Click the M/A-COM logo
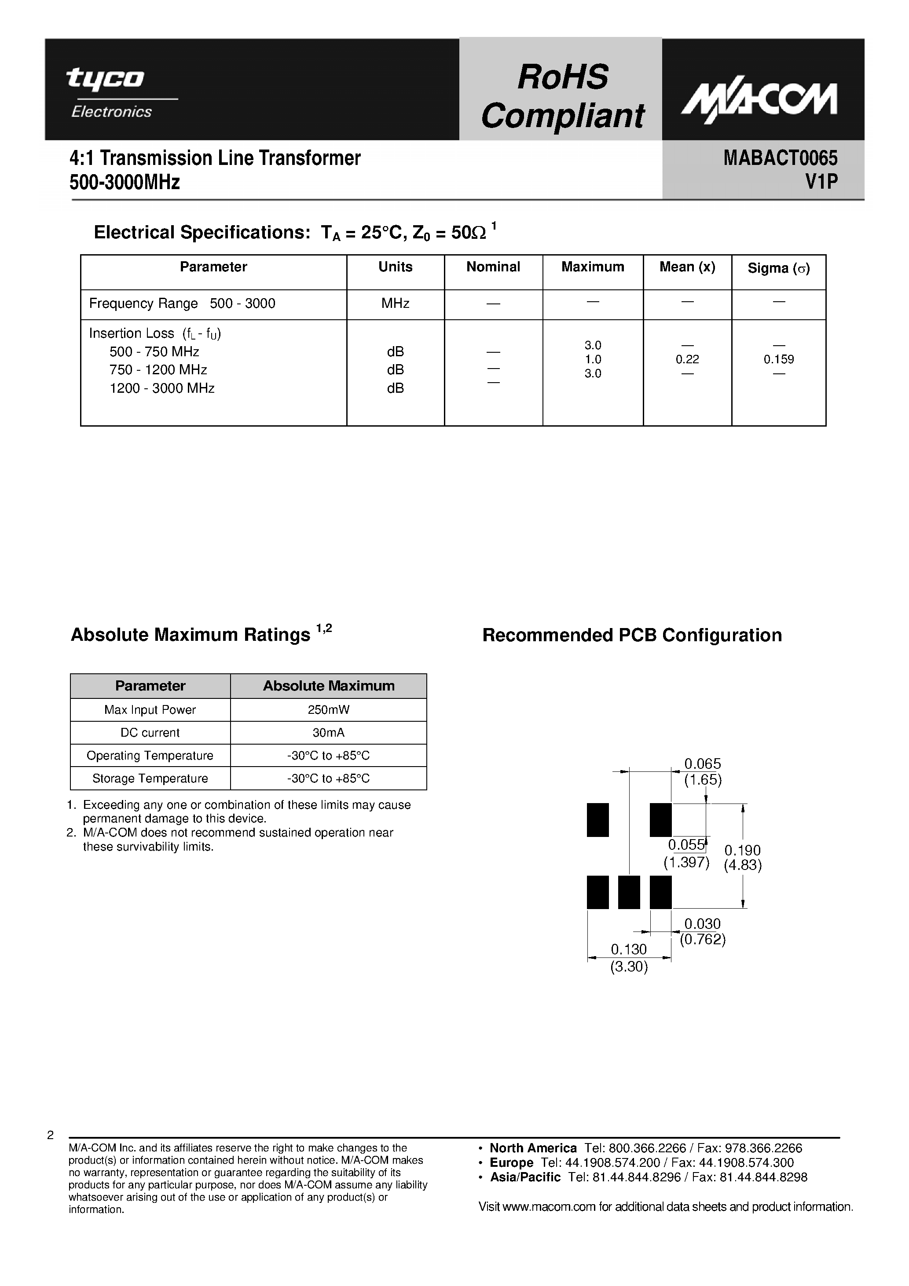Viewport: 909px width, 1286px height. coord(759,101)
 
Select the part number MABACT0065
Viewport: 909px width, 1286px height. coord(780,158)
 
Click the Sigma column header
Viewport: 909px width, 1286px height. coord(778,268)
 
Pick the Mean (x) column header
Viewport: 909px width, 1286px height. coord(687,267)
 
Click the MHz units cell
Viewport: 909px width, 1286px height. coord(395,303)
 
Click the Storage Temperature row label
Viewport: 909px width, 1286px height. coord(150,778)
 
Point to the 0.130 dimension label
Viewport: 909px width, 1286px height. coord(628,950)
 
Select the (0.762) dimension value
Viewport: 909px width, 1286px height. coord(703,939)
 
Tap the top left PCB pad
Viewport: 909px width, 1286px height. coord(597,820)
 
